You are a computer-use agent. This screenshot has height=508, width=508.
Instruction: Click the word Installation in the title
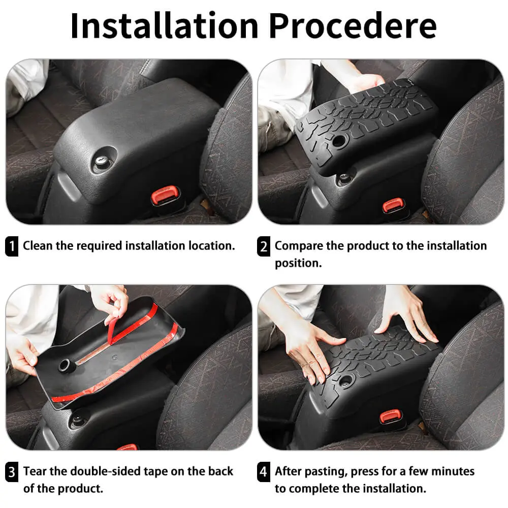[x=164, y=25]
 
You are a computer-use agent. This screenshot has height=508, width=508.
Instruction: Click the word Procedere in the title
[x=353, y=25]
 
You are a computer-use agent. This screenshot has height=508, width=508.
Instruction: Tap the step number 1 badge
[x=12, y=246]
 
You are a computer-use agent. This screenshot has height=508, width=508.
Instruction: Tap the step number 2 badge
[x=263, y=246]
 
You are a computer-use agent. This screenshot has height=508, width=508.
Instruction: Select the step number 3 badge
[x=12, y=472]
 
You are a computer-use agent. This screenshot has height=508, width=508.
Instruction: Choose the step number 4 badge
[x=263, y=472]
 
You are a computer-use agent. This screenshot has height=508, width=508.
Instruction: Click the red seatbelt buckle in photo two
[x=393, y=205]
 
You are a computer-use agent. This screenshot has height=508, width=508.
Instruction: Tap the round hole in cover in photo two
[x=339, y=140]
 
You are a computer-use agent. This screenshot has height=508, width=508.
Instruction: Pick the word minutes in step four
[x=453, y=471]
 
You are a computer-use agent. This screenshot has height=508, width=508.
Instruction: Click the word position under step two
[x=298, y=263]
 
